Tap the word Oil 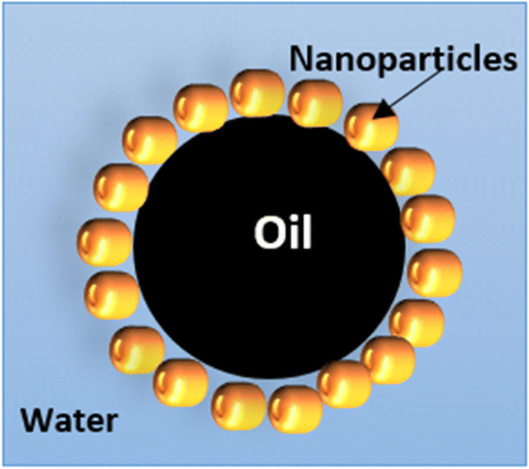coord(283,233)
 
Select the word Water coord(69,420)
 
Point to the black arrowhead coord(385,111)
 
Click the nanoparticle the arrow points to coord(372,127)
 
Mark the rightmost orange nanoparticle coord(435,273)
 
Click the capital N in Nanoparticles coord(302,59)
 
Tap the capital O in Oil coord(268,233)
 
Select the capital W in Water coord(36,420)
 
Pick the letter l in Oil coord(306,233)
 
